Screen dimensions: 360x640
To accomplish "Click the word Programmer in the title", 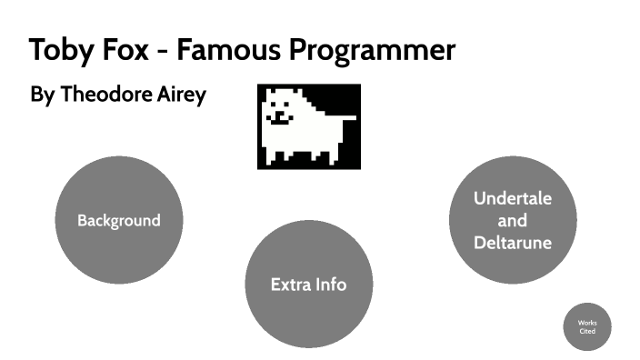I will (374, 52).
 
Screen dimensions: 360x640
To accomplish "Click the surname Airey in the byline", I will (184, 95).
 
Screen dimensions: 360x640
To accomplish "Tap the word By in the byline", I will (43, 95).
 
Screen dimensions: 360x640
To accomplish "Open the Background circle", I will (119, 221).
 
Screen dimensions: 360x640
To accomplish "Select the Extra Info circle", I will (308, 285).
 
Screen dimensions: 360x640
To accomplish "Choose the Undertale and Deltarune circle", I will (513, 221).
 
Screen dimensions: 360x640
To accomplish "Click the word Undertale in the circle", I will (513, 198).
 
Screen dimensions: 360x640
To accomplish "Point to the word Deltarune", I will (513, 243).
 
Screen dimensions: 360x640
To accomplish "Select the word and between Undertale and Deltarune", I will (513, 221).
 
